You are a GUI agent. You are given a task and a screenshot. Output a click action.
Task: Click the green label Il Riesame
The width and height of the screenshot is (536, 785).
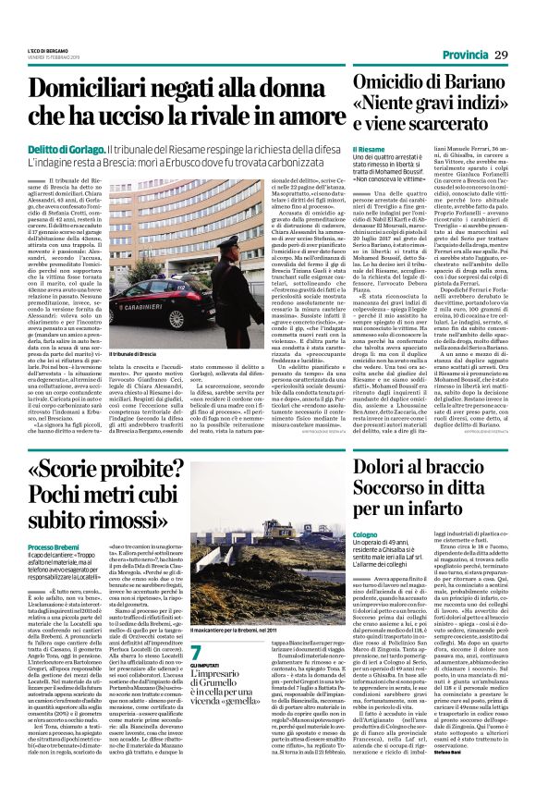[369, 149]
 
